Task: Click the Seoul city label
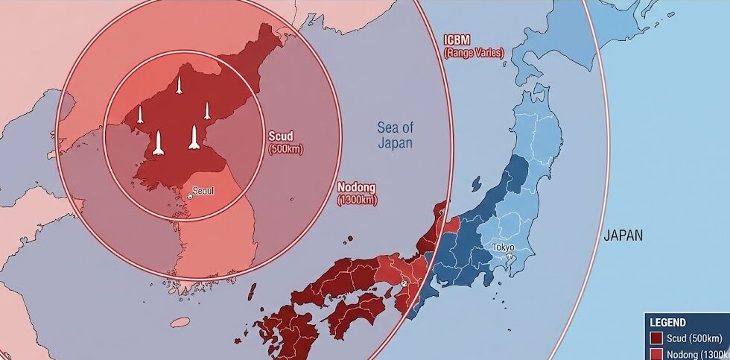203,191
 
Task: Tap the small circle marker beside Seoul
190,195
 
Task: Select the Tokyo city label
503,247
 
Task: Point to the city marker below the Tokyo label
509,257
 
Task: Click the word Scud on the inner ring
280,136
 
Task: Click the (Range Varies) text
473,53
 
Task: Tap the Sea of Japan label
394,135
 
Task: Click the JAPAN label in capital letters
622,236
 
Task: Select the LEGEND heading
667,322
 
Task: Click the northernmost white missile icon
179,85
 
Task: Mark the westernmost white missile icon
140,115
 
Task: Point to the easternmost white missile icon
207,110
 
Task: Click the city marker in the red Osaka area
404,284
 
